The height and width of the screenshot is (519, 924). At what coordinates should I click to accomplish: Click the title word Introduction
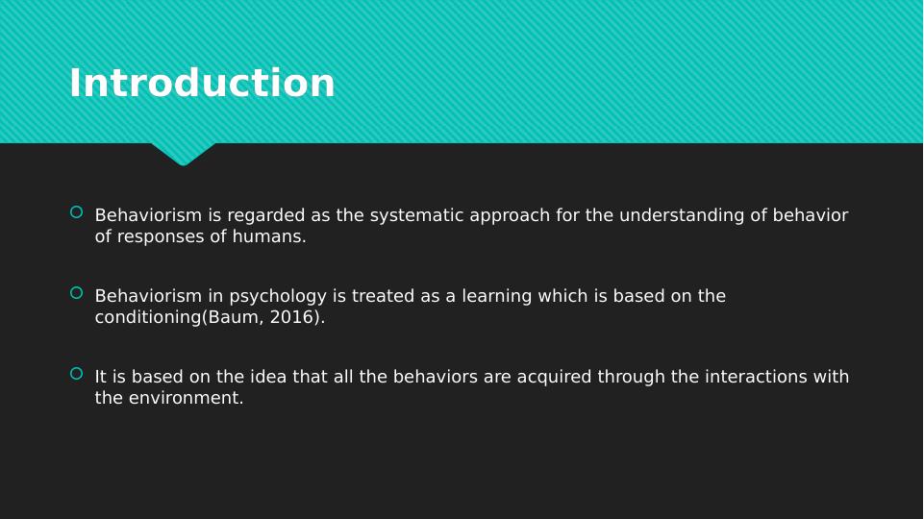pos(202,83)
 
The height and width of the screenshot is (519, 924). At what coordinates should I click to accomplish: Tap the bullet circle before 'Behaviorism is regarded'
pos(77,212)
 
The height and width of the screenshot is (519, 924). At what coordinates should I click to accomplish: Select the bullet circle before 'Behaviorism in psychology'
pos(77,293)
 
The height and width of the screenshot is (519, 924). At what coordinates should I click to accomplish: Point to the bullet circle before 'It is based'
pos(77,374)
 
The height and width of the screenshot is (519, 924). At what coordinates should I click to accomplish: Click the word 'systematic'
pos(416,215)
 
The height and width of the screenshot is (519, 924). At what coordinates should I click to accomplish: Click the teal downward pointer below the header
pos(184,153)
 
